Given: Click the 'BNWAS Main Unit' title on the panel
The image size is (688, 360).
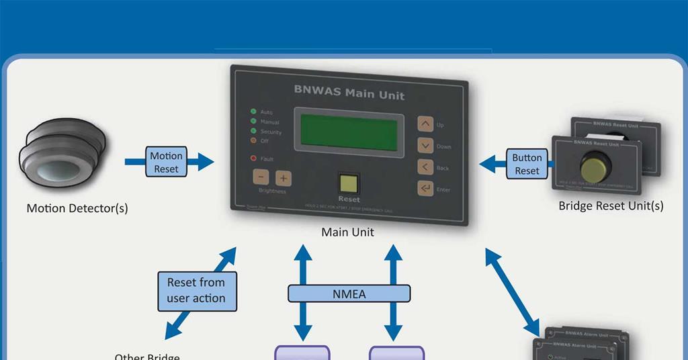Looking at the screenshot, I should (x=349, y=92).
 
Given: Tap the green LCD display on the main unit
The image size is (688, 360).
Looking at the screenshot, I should (x=351, y=132).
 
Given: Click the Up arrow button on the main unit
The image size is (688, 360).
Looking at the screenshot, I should (x=425, y=124).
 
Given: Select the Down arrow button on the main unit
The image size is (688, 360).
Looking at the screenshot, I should (x=425, y=146).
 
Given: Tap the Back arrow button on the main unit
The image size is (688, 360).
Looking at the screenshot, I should (x=425, y=167).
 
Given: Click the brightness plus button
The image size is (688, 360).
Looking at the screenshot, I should (x=283, y=178).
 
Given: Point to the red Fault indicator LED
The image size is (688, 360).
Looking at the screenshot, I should (x=254, y=159).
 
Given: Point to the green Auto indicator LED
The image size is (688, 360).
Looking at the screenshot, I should (x=253, y=111).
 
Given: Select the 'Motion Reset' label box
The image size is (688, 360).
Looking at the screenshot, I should (x=166, y=163).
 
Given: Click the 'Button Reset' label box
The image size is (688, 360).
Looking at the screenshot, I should (x=527, y=164).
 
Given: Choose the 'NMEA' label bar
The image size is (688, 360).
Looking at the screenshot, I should (x=349, y=294).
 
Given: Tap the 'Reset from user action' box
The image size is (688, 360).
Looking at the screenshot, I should (x=196, y=291).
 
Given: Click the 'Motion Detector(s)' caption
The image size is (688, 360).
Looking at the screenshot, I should (x=77, y=208).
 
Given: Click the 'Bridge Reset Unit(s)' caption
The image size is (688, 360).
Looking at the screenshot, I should (x=611, y=206).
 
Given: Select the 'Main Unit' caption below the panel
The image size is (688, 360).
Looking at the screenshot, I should (x=347, y=232).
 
